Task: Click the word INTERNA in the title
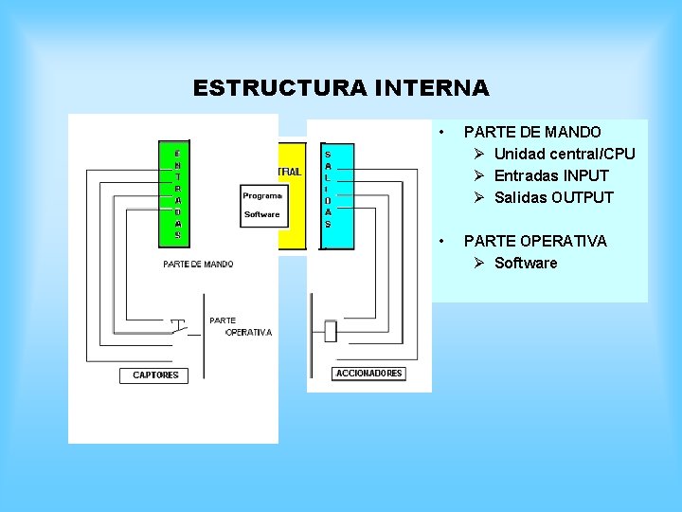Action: coord(432,89)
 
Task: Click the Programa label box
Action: coord(262,196)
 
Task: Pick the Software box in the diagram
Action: coord(262,214)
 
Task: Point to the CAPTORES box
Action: coord(155,375)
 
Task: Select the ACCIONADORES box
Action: coord(369,374)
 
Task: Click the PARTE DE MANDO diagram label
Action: coord(198,265)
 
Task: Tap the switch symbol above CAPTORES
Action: coord(179,329)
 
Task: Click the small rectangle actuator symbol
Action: coord(331,332)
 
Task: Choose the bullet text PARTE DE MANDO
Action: coord(532,132)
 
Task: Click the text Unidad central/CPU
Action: coord(565,154)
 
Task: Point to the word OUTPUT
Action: coord(583,197)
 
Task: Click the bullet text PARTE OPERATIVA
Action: coord(535,241)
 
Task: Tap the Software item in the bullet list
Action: coord(526,263)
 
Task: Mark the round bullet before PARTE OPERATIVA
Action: coord(441,241)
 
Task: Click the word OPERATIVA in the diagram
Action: coord(249,333)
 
